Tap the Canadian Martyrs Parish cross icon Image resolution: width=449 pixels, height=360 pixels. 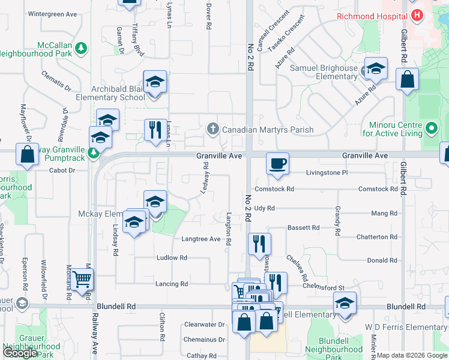point(212,129)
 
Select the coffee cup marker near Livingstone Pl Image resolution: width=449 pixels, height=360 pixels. point(277,164)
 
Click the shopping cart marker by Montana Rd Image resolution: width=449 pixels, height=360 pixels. point(82,279)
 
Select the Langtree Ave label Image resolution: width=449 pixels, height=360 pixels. point(201,239)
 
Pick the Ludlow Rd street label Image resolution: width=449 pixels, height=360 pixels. point(172,258)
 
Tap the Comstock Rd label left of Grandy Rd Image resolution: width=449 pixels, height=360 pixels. point(274,189)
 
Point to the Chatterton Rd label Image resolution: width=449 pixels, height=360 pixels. point(376,238)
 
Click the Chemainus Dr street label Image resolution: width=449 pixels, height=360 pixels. point(205,340)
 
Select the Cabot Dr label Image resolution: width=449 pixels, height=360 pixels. point(62,170)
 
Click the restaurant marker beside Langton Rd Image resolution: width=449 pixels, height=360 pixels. point(259,243)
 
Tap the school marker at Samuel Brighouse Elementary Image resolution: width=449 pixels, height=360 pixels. point(376,69)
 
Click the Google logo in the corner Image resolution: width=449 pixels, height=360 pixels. point(20,353)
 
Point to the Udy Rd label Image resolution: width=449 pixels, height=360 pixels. point(264,208)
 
